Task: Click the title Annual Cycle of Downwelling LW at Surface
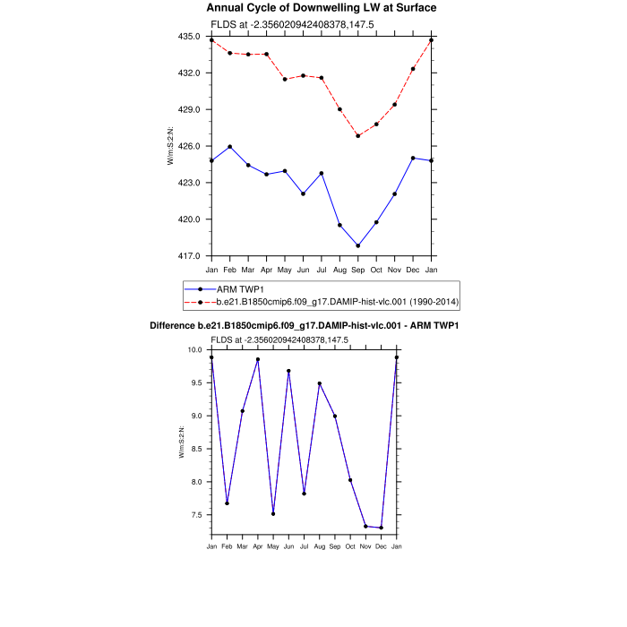click(x=322, y=8)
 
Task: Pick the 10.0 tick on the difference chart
click(x=196, y=349)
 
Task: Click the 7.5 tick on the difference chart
click(x=196, y=515)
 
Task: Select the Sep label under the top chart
click(x=358, y=270)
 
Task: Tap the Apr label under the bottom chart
click(x=258, y=545)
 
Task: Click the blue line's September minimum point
click(x=358, y=245)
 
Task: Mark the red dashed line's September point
click(x=358, y=135)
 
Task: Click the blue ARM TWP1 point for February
click(x=230, y=147)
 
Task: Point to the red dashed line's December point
click(x=413, y=69)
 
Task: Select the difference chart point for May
click(x=273, y=513)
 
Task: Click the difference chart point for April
click(x=258, y=359)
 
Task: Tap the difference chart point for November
click(x=365, y=526)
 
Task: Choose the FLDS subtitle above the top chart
click(x=279, y=24)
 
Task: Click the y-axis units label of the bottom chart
click(x=182, y=442)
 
